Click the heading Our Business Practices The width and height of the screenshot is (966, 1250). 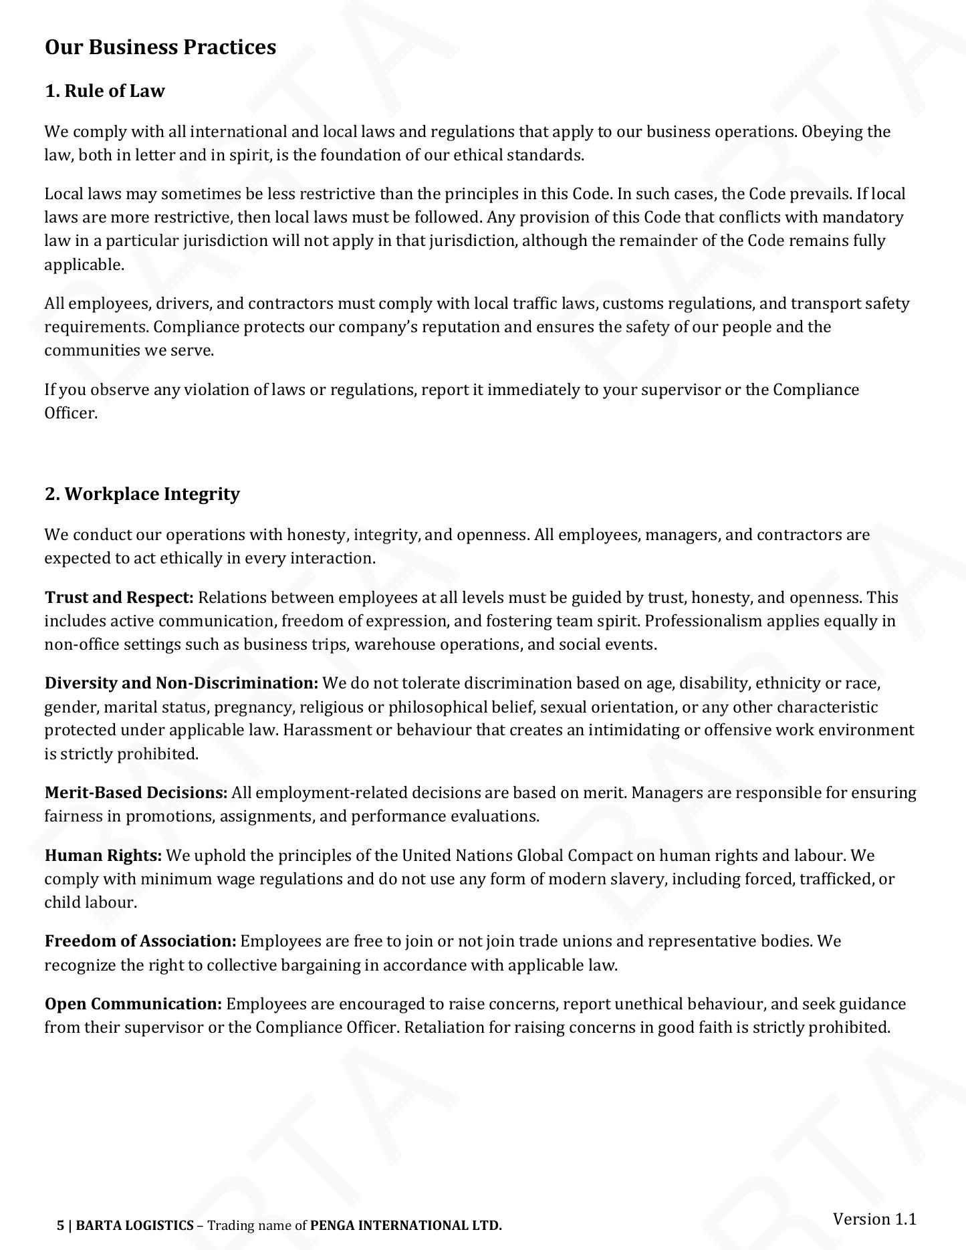point(160,47)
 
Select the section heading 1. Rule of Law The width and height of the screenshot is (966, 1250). point(105,91)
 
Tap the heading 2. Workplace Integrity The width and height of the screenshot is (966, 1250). point(142,494)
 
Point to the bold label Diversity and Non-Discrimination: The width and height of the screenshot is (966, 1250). point(181,683)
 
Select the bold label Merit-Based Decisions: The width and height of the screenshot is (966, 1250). point(136,793)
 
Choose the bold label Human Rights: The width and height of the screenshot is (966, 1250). point(104,856)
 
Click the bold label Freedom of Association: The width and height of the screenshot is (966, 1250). point(140,941)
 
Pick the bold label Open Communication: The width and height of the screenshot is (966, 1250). point(133,1004)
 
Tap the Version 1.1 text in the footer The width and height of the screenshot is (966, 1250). point(874,1219)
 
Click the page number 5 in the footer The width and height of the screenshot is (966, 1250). point(61,1225)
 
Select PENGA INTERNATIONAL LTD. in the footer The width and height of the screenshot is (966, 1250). point(406,1225)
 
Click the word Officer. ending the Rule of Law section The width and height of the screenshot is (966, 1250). point(71,413)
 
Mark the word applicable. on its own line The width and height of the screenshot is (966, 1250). point(84,265)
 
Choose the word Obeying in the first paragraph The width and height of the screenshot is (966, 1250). point(832,132)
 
